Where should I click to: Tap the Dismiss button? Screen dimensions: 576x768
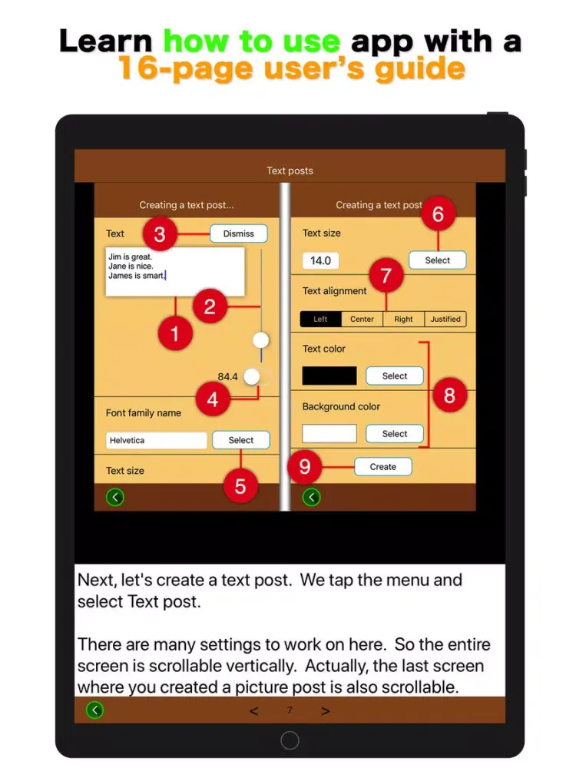(239, 233)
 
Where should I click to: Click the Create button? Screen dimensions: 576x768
(383, 467)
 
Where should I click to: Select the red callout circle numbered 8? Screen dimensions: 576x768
(449, 396)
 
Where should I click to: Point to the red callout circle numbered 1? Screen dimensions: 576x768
(175, 333)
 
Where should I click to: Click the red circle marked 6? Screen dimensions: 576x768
(438, 214)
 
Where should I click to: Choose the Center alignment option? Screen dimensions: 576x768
(362, 319)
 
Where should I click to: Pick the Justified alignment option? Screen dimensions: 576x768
(445, 319)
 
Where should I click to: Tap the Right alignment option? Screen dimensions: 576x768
(404, 319)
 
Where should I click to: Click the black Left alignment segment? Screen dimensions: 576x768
(321, 319)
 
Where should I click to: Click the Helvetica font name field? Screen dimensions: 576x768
(156, 440)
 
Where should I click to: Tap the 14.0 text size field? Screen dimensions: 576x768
(320, 260)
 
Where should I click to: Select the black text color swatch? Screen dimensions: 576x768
(329, 376)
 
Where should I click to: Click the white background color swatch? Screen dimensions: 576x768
(329, 433)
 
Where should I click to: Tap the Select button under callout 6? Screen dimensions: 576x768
(438, 260)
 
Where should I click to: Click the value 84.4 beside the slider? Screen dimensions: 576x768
(228, 376)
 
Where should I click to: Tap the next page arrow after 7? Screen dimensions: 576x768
(325, 710)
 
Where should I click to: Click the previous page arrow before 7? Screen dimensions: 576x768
(253, 710)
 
